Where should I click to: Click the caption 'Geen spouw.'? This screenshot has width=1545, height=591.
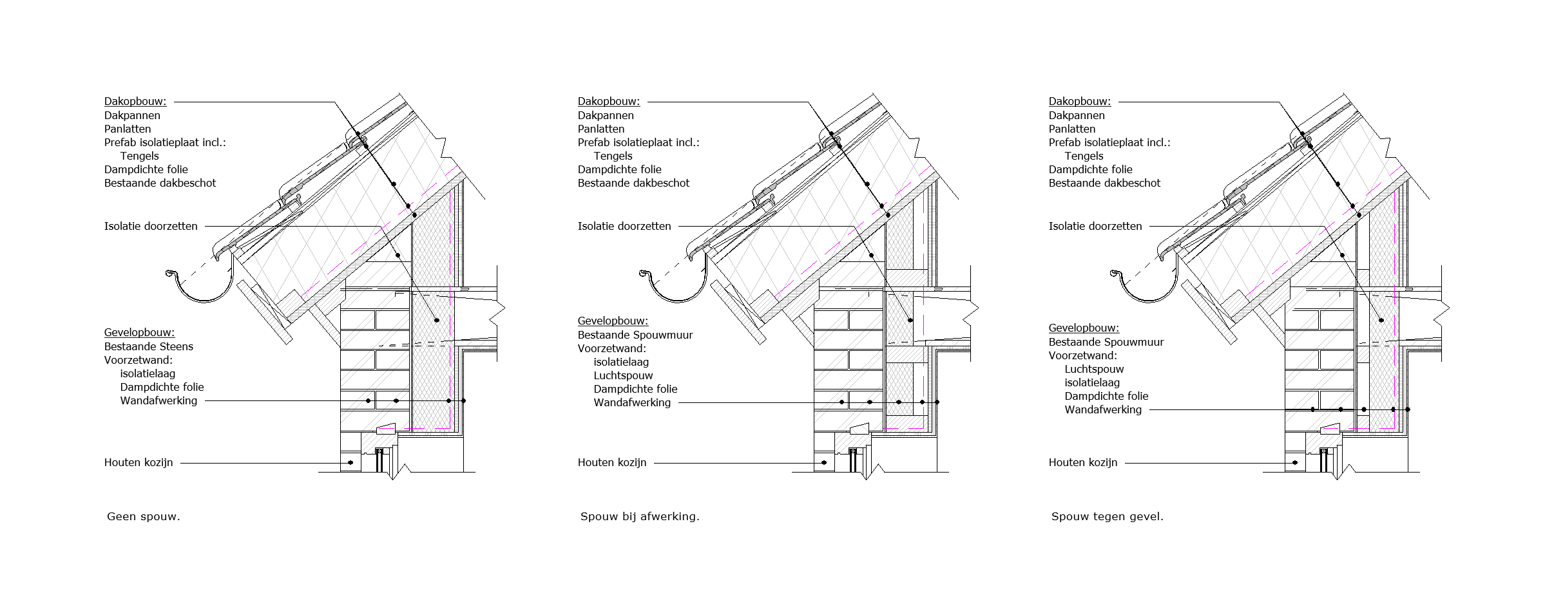point(144,516)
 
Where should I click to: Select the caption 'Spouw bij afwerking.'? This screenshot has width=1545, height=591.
point(640,516)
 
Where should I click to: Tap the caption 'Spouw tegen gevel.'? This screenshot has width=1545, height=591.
point(1108,516)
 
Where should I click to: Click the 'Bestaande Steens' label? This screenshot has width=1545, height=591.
point(149,346)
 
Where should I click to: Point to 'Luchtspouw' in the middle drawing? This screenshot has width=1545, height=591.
point(623,375)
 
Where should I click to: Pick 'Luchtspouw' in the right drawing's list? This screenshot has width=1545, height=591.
point(1094,369)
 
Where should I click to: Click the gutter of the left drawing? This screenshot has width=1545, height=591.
point(200,290)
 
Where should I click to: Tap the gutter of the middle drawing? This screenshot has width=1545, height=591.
point(673,290)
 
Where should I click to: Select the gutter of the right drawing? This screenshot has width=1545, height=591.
point(1144,290)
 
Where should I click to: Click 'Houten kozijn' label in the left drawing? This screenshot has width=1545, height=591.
point(139,462)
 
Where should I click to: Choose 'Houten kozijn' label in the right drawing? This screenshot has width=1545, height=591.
point(1083,462)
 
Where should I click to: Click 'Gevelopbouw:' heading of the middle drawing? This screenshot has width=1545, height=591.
point(613,321)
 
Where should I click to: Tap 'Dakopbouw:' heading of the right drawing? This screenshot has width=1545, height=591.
point(1080,101)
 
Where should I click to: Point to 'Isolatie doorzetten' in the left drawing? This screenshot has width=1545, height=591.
point(151,226)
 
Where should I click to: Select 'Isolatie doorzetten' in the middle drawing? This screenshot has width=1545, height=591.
point(624,226)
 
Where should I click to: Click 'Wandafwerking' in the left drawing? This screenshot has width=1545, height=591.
point(158,400)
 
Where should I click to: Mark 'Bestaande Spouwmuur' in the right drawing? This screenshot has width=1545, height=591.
point(1106,342)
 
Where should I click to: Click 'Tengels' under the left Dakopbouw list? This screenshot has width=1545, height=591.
point(139,156)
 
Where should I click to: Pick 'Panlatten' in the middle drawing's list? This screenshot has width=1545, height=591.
point(601,129)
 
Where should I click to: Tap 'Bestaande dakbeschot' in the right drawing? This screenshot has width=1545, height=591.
point(1104,183)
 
